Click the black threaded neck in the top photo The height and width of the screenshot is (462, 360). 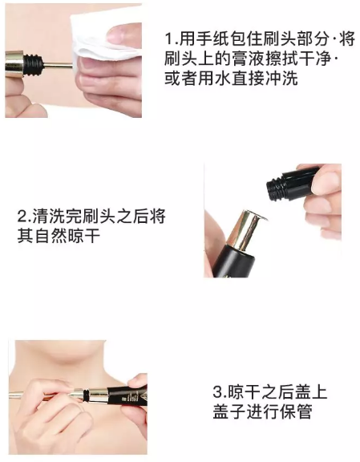(33, 64)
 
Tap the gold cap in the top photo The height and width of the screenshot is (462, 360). (14, 64)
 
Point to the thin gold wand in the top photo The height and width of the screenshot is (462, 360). (58, 65)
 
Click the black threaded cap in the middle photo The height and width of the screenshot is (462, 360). (292, 183)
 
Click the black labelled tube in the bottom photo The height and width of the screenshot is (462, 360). (127, 395)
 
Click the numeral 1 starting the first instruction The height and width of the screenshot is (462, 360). (168, 39)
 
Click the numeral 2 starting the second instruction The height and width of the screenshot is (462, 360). (22, 217)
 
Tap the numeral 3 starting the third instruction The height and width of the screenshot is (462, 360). (218, 392)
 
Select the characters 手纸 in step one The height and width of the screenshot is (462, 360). (213, 38)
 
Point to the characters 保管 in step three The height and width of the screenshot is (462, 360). (296, 411)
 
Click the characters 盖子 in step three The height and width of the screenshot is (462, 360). (229, 411)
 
